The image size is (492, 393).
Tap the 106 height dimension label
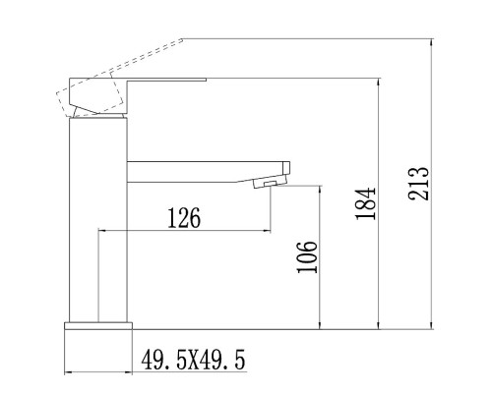[306, 257]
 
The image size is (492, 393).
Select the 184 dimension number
[364, 202]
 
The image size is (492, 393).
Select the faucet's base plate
[98, 328]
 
